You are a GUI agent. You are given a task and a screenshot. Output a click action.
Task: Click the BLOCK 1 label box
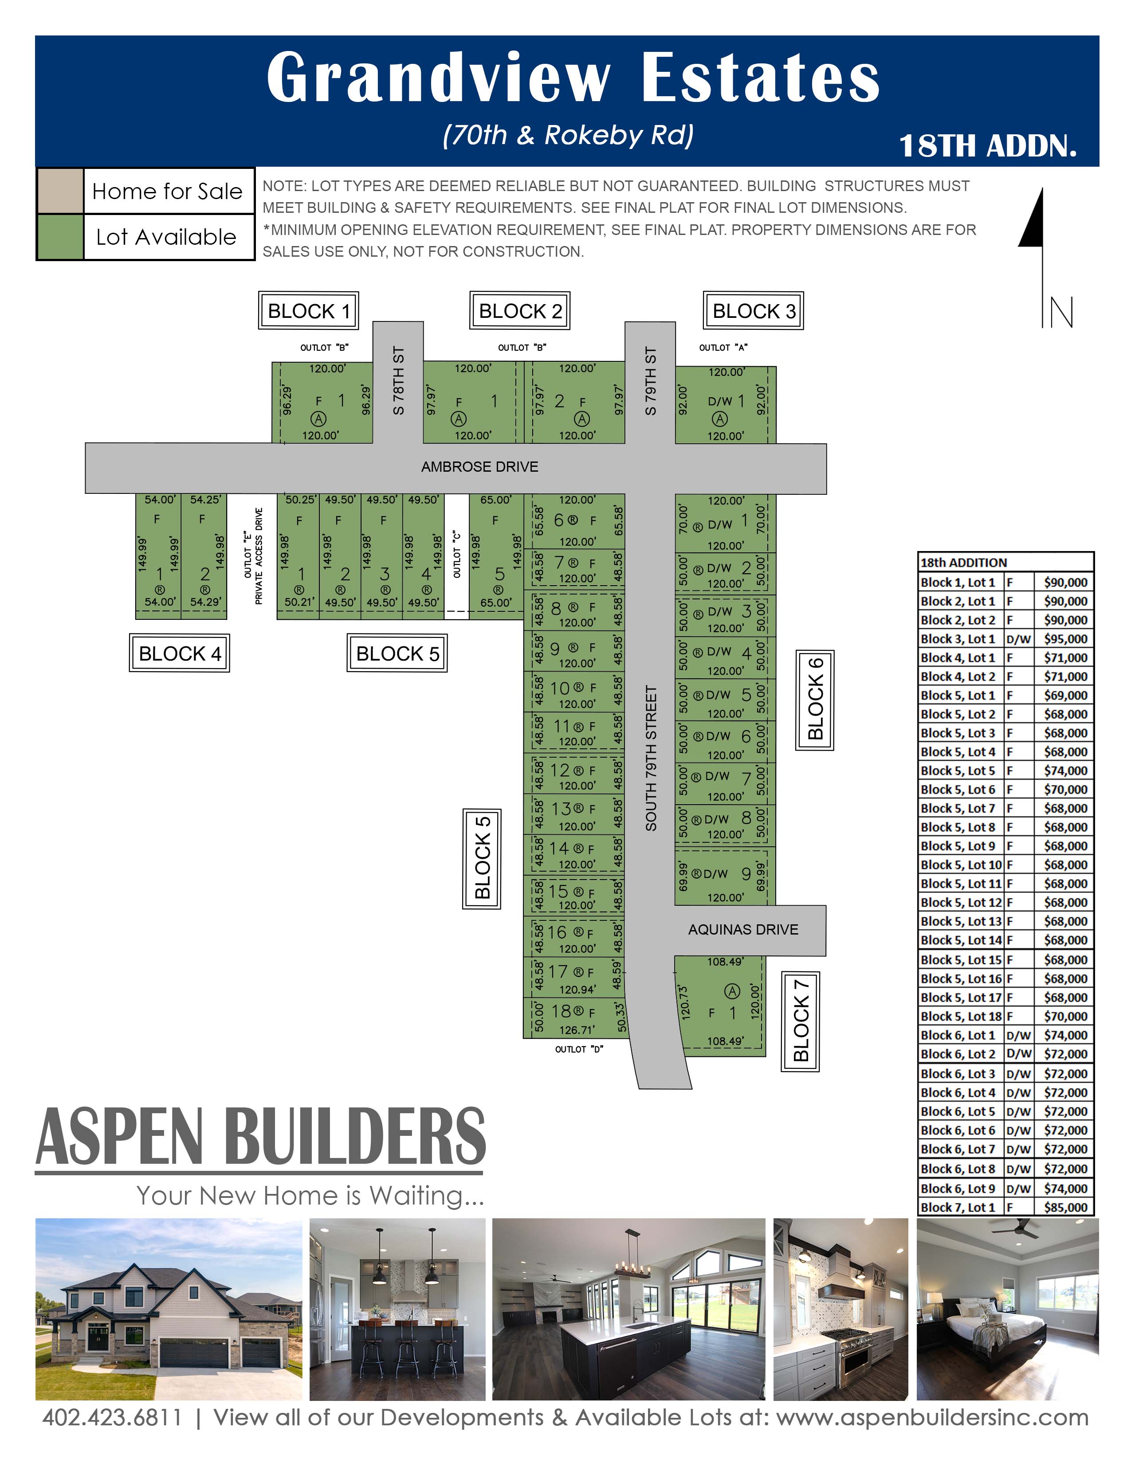[308, 311]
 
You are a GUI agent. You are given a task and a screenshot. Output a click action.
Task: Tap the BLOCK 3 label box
[753, 311]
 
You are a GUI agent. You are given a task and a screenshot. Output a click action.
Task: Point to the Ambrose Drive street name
[480, 467]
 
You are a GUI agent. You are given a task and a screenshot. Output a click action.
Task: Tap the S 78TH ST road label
[399, 380]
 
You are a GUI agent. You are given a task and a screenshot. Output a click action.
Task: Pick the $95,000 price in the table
[1065, 639]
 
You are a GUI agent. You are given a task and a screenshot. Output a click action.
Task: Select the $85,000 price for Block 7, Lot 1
[1065, 1208]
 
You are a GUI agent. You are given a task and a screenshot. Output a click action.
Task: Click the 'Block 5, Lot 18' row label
[961, 1016]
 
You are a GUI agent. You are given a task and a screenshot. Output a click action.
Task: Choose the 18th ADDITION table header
[963, 563]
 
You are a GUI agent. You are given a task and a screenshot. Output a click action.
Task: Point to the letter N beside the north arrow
[1057, 312]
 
